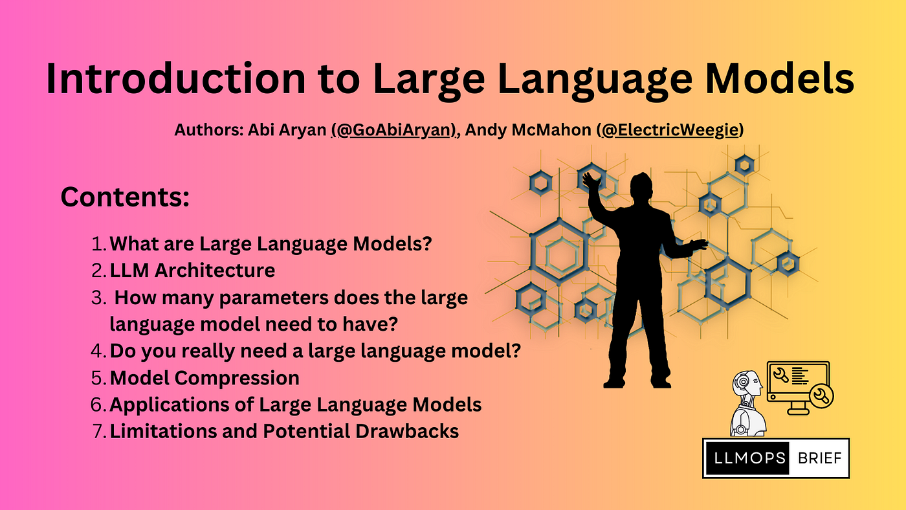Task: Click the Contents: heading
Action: coord(125,197)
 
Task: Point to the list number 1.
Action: coord(99,244)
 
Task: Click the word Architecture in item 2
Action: coord(215,270)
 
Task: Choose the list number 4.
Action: coord(98,351)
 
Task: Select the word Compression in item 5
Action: coord(237,379)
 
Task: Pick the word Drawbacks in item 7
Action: coord(407,431)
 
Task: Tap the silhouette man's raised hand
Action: coord(591,181)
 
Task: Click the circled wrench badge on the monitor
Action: coord(821,396)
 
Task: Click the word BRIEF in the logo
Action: coord(819,458)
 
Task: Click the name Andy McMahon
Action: coord(528,130)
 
